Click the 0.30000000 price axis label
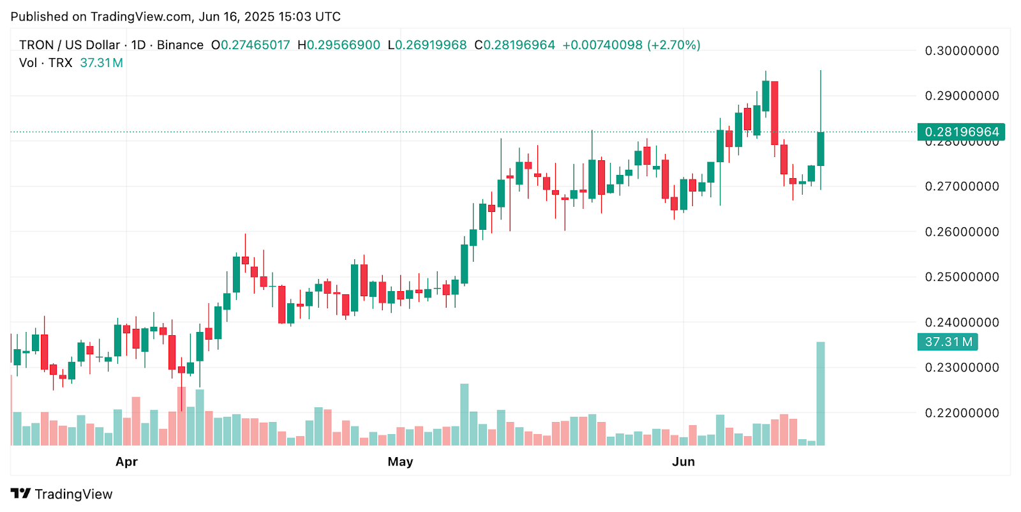coord(962,51)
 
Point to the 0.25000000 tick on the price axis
coord(962,277)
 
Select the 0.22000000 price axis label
coord(962,413)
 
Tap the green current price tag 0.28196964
coord(961,132)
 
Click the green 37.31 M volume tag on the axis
coord(948,342)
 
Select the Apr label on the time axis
coord(126,462)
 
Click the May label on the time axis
coord(400,462)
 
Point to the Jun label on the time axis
coord(683,462)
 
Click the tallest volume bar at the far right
coord(821,393)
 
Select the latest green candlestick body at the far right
coord(821,149)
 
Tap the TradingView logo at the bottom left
coord(62,494)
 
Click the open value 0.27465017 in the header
coord(255,45)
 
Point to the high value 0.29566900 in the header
coord(343,45)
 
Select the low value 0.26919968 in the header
coord(431,45)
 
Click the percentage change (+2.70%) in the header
coord(674,45)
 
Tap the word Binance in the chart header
coord(180,45)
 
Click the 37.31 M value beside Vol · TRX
coord(101,63)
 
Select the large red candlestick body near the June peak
coord(775,113)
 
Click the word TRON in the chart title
coord(36,45)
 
